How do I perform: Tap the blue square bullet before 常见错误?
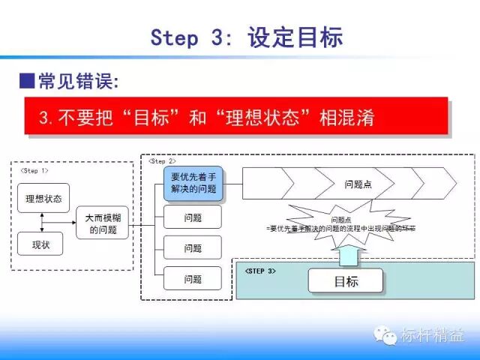[27, 79]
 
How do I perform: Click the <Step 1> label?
[34, 171]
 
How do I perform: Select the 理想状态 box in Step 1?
[43, 198]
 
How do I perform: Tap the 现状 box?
[43, 244]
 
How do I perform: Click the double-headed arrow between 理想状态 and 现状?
[43, 221]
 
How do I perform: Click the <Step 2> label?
[162, 161]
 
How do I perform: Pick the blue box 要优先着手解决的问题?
[193, 183]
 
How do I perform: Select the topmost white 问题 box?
[193, 217]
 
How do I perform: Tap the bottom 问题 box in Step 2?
[193, 279]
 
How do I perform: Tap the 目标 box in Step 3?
[346, 281]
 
